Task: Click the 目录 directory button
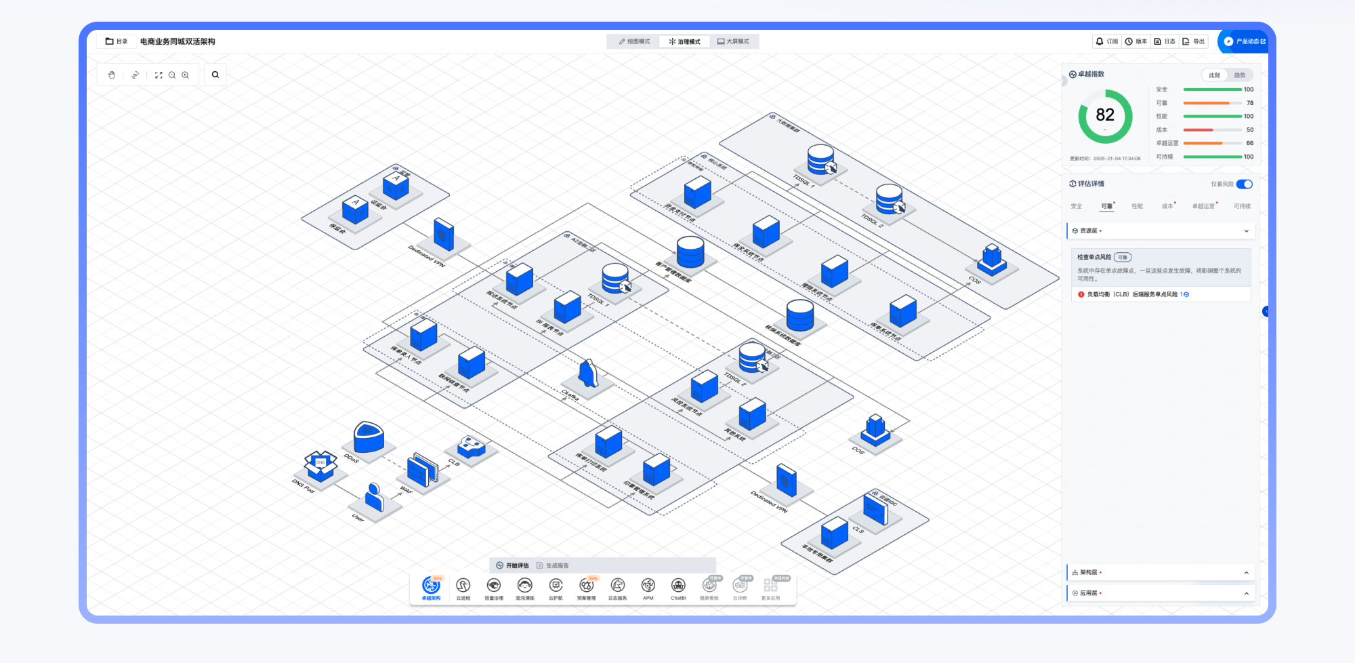coord(117,41)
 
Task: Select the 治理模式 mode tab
coord(684,41)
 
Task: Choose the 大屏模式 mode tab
coord(733,41)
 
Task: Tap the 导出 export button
coord(1194,41)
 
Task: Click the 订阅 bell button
coord(1107,41)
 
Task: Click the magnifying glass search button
coord(215,75)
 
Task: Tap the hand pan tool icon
coord(112,75)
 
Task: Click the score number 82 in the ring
coord(1105,115)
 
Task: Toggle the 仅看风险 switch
coord(1244,184)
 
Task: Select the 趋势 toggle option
coord(1239,75)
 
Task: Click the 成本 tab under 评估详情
coord(1167,206)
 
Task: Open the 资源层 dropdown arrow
coord(1246,231)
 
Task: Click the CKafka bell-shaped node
coord(588,374)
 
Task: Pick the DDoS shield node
coord(369,437)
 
